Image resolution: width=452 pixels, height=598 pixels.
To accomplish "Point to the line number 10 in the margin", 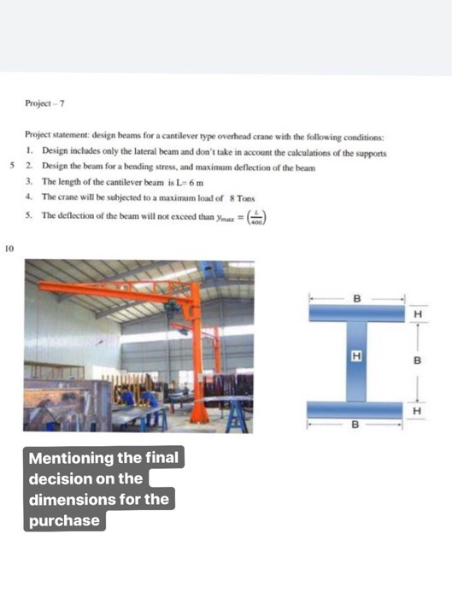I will coord(9,249).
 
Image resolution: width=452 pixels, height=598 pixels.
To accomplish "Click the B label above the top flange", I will coord(356,298).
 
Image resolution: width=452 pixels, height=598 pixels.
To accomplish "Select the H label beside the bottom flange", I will coord(417,410).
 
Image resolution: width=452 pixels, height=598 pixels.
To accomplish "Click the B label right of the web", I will coord(417,361).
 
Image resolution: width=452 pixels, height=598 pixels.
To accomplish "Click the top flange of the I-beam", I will coord(356,314).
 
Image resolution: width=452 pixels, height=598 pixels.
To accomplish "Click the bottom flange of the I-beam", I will coord(356,408).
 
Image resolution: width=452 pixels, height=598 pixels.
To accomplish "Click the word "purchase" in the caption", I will coord(65,520).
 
